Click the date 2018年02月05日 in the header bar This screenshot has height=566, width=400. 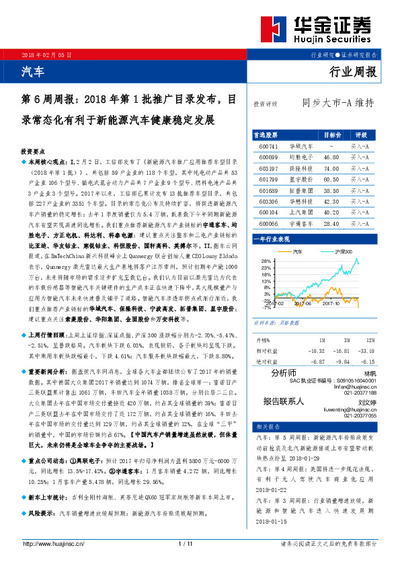(46, 54)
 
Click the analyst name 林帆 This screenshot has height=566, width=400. (370, 374)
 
